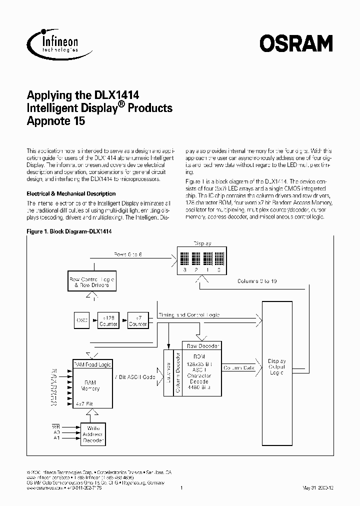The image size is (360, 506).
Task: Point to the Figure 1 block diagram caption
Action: coord(68,232)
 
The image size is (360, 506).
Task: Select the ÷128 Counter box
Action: coord(109,320)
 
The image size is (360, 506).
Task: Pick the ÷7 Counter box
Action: coord(137,320)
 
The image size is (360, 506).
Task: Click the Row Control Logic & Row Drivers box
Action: coord(91,281)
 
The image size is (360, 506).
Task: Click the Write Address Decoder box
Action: coord(93,434)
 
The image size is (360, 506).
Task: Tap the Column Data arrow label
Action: coord(238,368)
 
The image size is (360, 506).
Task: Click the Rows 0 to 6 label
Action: coord(127,255)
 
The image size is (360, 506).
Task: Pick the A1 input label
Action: coord(56,438)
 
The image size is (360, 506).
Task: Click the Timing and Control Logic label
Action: coord(188,315)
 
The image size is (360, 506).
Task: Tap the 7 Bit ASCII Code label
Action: coord(135,376)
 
